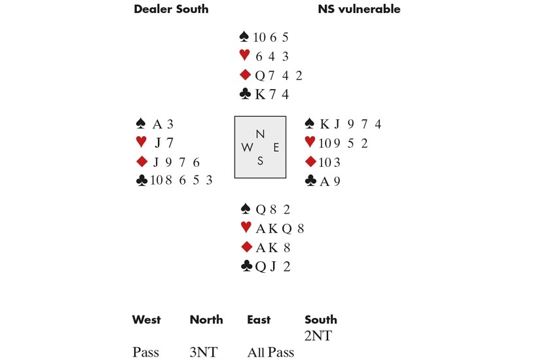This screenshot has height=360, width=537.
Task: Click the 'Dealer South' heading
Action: point(171,9)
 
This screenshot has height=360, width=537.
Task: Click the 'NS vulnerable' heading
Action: point(359,9)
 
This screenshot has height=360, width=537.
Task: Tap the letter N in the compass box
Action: point(260,134)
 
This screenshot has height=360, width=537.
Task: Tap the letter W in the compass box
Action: point(248,147)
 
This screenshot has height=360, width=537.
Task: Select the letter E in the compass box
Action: point(276,147)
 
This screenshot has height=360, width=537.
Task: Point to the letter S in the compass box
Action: point(260,160)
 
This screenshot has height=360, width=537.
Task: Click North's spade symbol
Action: point(245,37)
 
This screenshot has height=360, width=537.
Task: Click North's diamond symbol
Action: point(245,75)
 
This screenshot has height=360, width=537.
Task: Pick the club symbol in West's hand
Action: point(139,181)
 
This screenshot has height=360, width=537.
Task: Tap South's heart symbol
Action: point(246,228)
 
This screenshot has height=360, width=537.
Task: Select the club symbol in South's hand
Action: point(246,266)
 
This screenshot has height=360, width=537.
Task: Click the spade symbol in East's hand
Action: point(311,124)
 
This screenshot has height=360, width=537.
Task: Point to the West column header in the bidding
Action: point(146,319)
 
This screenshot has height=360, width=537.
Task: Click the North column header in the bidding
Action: point(206,319)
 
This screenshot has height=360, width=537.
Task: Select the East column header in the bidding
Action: point(259,319)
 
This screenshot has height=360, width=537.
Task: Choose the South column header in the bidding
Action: point(321,319)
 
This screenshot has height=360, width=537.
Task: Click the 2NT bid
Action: point(318,337)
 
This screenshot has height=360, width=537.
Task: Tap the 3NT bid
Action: point(203,353)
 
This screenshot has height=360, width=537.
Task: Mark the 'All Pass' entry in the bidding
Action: point(270,353)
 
